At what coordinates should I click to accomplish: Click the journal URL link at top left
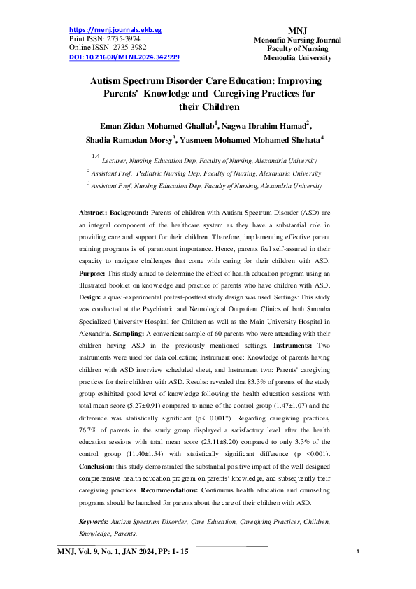115,30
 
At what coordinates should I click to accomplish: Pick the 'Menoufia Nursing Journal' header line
297,41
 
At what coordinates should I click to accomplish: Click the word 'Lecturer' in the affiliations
117,161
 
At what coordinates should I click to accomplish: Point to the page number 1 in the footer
357,553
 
